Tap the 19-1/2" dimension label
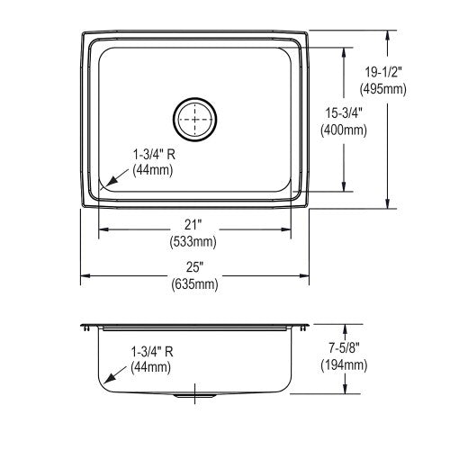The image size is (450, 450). tap(383, 72)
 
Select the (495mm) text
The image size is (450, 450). tap(383, 89)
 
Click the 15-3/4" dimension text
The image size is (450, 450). tap(344, 113)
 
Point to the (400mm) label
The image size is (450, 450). tap(344, 130)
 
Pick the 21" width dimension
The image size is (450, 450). tap(193, 225)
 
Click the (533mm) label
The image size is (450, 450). tap(193, 241)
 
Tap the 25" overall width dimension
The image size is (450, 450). tap(195, 267)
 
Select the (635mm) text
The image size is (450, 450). tap(195, 283)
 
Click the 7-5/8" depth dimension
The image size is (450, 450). tap(344, 348)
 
